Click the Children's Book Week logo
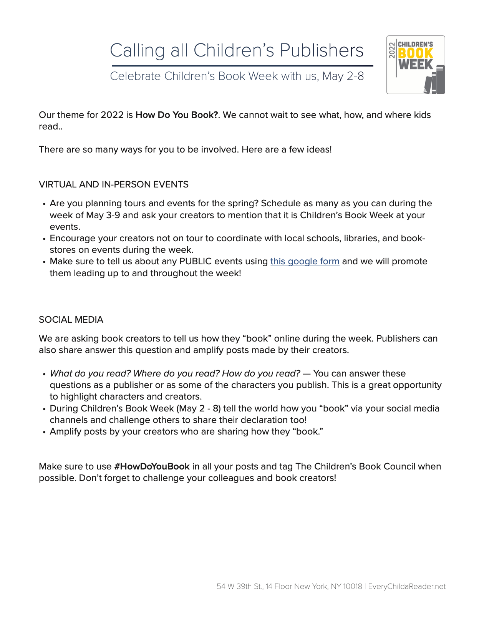(416, 65)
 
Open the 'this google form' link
(305, 261)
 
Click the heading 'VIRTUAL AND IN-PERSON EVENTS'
(114, 184)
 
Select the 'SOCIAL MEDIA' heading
(71, 320)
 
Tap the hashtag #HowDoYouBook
(152, 466)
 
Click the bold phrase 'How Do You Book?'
(177, 115)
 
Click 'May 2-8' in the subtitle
(343, 76)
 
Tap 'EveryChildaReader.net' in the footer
(407, 586)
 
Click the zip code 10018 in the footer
(352, 586)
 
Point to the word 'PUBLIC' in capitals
(196, 261)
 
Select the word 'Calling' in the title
(137, 50)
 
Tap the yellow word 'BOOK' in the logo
(416, 53)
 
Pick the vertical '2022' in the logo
(392, 50)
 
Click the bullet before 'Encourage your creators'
(45, 239)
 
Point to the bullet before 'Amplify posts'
(45, 432)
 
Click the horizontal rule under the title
(242, 66)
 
